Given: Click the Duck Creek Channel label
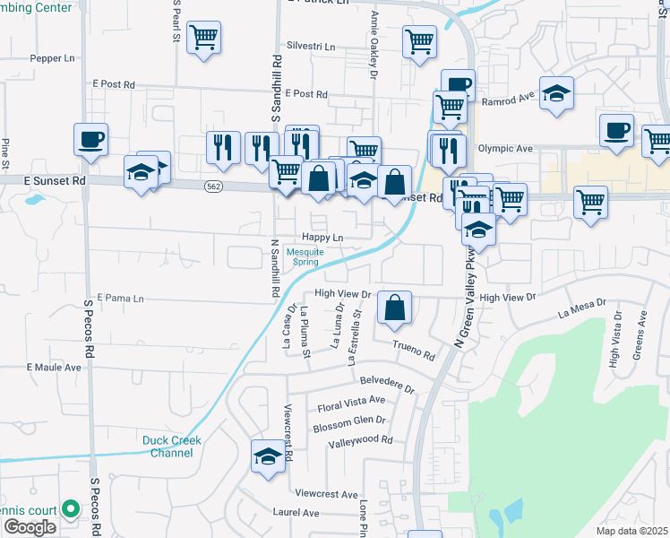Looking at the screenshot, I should point(171,447).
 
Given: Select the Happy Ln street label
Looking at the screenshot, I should point(322,238).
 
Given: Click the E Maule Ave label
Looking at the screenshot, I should point(54,368).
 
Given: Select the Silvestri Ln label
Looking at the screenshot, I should point(310,46).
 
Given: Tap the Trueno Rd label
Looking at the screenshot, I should point(414,351).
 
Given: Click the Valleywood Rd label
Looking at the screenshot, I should point(360,441).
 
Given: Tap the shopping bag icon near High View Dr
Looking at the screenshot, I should point(394,308).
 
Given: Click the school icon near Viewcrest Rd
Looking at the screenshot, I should point(268,456).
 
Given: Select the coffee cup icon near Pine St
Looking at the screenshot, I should point(90,139).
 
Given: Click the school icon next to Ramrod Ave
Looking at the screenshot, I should point(556,93).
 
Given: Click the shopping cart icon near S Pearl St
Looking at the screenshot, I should point(204,38).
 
